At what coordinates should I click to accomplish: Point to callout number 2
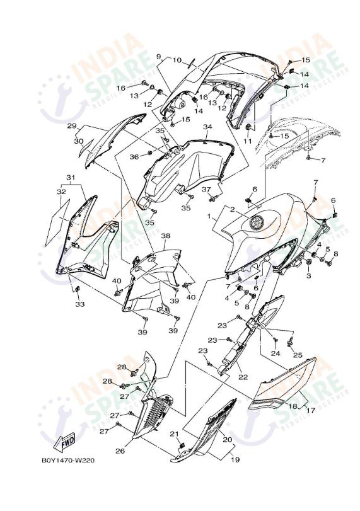pos(233,209)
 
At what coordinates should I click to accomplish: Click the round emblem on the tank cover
pos(255,222)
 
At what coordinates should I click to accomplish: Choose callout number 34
pos(207,127)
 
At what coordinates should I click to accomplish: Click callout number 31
pos(71,178)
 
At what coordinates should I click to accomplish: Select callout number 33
pos(80,304)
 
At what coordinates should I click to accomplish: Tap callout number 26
pos(120,451)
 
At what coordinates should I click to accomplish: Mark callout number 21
pos(175,433)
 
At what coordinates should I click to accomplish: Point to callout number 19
pos(235,460)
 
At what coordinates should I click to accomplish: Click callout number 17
pos(311,411)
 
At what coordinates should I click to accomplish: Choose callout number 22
pos(243,377)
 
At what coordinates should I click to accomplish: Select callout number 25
pos(298,355)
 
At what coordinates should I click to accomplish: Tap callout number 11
pos(248,141)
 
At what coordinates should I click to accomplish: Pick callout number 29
pos(72,126)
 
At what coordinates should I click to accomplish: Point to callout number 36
pos(134,157)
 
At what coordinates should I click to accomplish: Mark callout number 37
pos(206,190)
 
